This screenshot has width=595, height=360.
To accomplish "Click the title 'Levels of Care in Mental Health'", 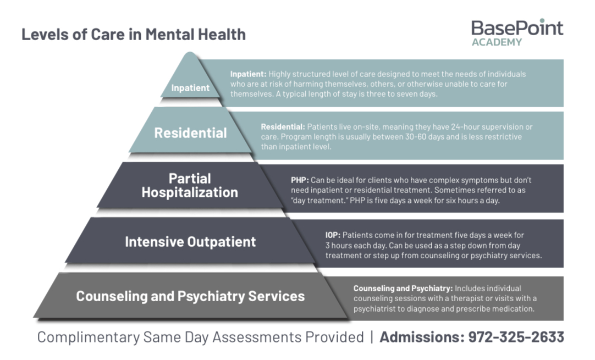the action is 134,35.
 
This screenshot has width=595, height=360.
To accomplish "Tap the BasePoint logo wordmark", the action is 517,28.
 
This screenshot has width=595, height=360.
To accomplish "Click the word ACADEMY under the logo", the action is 497,42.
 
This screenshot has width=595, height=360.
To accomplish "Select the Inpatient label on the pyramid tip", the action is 190,88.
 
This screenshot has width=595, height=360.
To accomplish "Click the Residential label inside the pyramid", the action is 190,133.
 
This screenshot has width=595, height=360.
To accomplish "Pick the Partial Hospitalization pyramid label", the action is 190,186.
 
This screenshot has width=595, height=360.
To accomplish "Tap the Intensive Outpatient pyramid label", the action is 190,242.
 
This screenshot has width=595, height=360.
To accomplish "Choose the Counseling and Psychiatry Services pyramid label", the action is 190,296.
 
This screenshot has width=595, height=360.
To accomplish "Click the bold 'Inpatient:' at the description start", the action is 248,74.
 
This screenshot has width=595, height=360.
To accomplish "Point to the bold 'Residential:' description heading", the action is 283,127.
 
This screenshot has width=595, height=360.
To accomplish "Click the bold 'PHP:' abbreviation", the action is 300,180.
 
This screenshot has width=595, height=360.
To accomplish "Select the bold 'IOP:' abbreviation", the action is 333,235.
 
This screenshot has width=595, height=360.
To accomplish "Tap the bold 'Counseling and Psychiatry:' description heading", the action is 403,289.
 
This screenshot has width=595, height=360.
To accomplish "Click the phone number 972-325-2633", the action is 516,337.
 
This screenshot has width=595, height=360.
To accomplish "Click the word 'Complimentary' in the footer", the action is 89,337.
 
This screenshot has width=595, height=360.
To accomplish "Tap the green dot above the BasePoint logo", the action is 542,20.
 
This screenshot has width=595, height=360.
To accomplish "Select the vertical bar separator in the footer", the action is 372,337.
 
